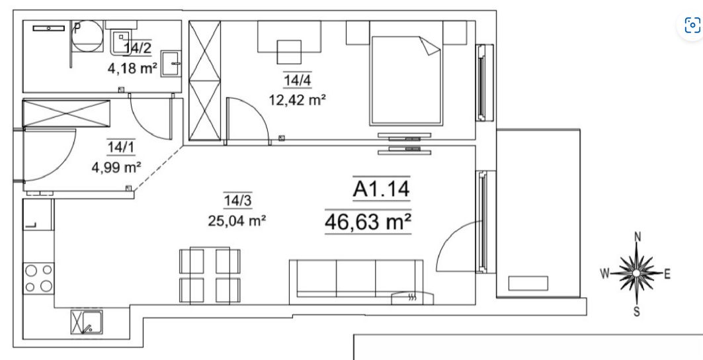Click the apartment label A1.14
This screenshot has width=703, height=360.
(x=381, y=189)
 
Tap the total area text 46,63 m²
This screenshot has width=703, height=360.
(x=368, y=221)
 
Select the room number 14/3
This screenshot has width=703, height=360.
(x=237, y=201)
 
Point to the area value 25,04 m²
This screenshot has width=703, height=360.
(x=237, y=220)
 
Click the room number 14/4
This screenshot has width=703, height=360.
(x=297, y=80)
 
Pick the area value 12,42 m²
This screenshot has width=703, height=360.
(x=297, y=100)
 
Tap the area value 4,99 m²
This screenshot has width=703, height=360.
(x=116, y=167)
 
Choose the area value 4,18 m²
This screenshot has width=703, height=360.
(x=132, y=68)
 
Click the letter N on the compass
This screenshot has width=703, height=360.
(x=638, y=236)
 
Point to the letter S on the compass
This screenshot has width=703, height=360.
(x=637, y=312)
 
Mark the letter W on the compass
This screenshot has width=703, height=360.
(x=605, y=273)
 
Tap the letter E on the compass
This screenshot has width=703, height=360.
(x=667, y=274)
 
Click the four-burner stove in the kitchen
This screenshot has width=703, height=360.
(x=38, y=279)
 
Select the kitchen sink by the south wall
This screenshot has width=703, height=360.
(x=87, y=322)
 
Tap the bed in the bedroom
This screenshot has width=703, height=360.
(x=406, y=80)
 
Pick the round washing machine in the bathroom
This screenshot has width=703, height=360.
(x=87, y=36)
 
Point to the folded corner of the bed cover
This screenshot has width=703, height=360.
(x=429, y=46)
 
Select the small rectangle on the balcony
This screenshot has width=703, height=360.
(x=528, y=283)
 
